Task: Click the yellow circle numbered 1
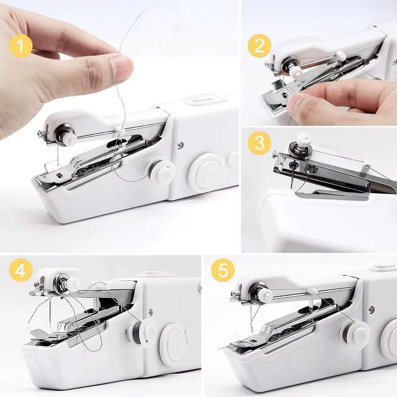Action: [x=21, y=46]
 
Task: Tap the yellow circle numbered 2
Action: [x=259, y=46]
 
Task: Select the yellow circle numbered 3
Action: [x=260, y=143]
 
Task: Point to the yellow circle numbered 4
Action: [x=21, y=270]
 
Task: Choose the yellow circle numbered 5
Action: [x=223, y=270]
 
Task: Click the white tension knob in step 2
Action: [x=295, y=72]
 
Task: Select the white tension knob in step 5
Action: [x=267, y=293]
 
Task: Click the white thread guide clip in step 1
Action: [x=118, y=129]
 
